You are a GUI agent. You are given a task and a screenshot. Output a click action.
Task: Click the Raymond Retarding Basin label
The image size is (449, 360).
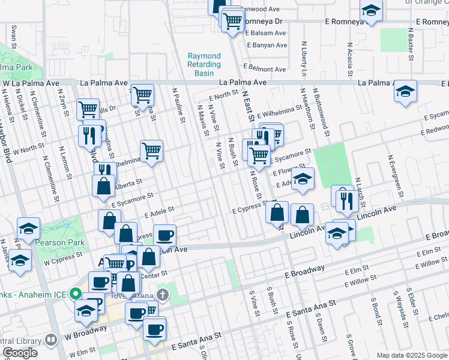pyautogui.click(x=204, y=64)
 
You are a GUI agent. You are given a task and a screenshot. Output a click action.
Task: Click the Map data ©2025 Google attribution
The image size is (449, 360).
pyautogui.click(x=412, y=355)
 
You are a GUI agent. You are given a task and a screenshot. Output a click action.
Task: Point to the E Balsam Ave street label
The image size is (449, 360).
pyautogui.click(x=266, y=33)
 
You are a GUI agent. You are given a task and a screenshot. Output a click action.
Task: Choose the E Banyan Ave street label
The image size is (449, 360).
pyautogui.click(x=267, y=45)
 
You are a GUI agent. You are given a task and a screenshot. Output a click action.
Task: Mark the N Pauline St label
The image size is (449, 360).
pyautogui.click(x=178, y=106)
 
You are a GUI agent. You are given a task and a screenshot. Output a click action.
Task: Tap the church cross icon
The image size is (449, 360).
pyautogui.click(x=161, y=294)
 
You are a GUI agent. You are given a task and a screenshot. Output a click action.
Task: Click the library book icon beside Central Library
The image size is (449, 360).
pyautogui.click(x=52, y=340)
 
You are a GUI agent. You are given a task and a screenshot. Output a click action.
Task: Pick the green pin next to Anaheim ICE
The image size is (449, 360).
pyautogui.click(x=75, y=294)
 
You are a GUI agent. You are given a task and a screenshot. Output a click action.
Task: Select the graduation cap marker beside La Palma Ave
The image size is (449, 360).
pyautogui.click(x=406, y=92)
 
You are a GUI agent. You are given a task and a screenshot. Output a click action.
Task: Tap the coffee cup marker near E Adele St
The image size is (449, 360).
pyautogui.click(x=164, y=235)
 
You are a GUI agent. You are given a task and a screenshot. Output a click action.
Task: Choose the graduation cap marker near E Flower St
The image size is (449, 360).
pyautogui.click(x=303, y=179)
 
